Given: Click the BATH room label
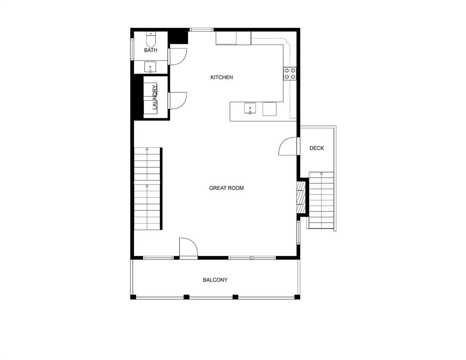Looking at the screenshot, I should pyautogui.click(x=150, y=50).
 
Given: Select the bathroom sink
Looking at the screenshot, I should pyautogui.click(x=150, y=67).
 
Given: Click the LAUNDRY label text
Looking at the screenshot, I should pyautogui.click(x=154, y=97).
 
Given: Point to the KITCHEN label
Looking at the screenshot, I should pyautogui.click(x=221, y=77).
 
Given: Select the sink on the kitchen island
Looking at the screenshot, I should pyautogui.click(x=250, y=109).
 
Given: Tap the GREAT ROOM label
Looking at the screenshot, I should pyautogui.click(x=226, y=188).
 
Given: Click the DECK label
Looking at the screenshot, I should pyautogui.click(x=316, y=148).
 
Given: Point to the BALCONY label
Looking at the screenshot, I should pyautogui.click(x=215, y=280).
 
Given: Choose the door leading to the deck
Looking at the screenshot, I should pyautogui.click(x=288, y=146).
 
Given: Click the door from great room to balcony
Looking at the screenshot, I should pyautogui.click(x=188, y=248).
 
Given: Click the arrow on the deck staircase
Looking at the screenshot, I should pyautogui.click(x=321, y=174).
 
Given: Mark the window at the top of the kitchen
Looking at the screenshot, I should pyautogui.click(x=201, y=30).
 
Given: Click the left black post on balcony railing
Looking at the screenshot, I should pyautogui.click(x=186, y=297).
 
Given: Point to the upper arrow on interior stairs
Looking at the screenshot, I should pyautogui.click(x=147, y=149).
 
